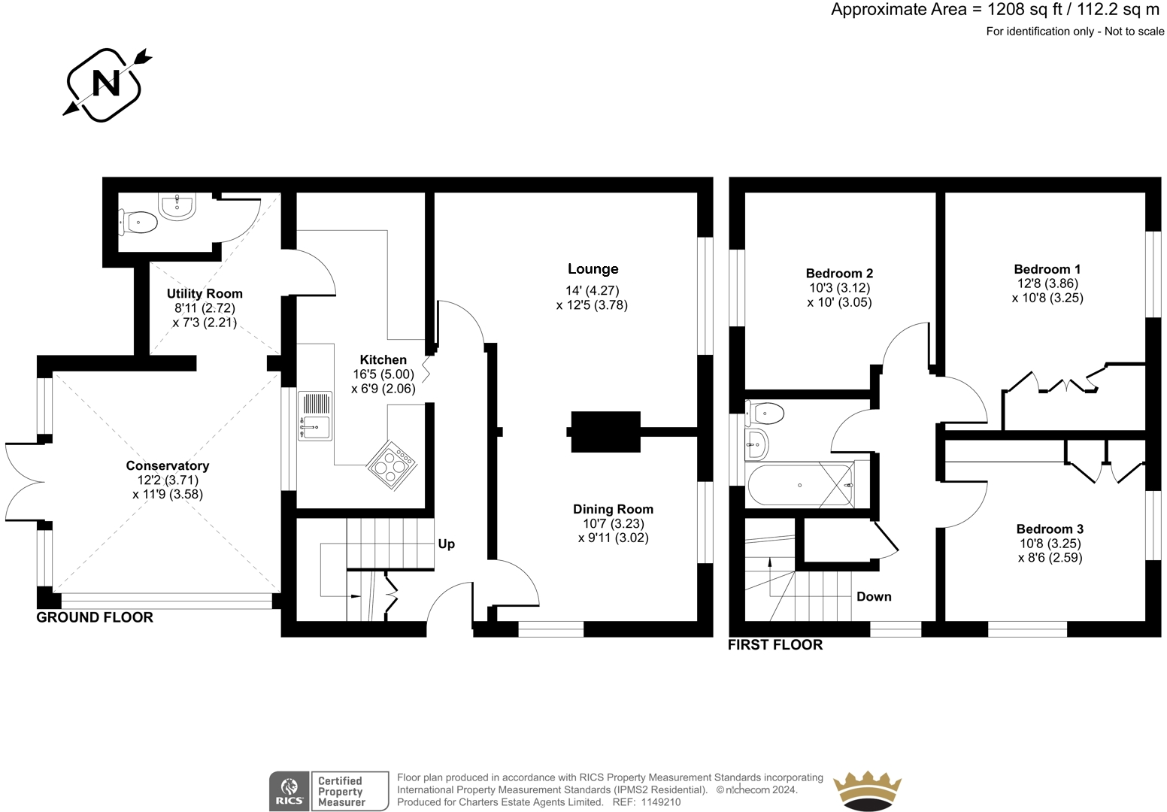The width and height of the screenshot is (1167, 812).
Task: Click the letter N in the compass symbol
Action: coord(106,83)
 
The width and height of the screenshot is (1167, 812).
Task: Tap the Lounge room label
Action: coord(593,268)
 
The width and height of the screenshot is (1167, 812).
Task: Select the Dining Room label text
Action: coord(613,509)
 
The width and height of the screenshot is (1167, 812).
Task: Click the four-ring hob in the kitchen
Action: coord(393,465)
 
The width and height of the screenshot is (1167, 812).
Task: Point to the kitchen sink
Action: coord(314,417)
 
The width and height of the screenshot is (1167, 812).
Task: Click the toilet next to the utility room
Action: coord(138,223)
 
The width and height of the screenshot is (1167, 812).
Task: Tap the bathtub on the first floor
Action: coord(800,486)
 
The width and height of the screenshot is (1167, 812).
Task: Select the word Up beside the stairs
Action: coord(447,544)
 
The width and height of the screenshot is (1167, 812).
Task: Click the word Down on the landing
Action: coord(874,596)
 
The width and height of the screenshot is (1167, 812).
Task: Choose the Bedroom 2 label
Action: coord(839,273)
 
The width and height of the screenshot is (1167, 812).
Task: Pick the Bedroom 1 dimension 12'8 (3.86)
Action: coord(1047,283)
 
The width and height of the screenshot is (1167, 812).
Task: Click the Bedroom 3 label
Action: coord(1050,529)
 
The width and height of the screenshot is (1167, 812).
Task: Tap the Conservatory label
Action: coord(167,465)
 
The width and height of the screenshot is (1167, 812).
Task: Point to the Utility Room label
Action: coord(205,293)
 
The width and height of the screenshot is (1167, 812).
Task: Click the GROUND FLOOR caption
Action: coord(95,617)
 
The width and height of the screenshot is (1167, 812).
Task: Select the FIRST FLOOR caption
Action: coord(775,644)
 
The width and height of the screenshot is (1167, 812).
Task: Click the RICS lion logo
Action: coord(289,791)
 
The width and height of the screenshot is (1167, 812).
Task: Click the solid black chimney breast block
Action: coord(605,432)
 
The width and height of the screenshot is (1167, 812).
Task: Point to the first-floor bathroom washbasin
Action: coord(756,444)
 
